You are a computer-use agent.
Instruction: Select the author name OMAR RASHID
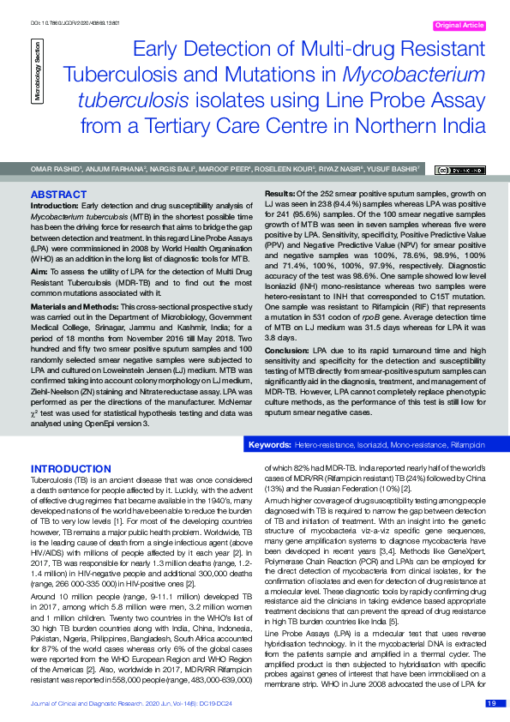click(x=57, y=169)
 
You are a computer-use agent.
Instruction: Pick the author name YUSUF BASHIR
click(x=393, y=169)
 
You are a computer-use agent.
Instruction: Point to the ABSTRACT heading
click(x=58, y=195)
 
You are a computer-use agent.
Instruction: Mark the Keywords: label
click(x=268, y=446)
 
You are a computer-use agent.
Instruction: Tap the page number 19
click(x=491, y=703)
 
